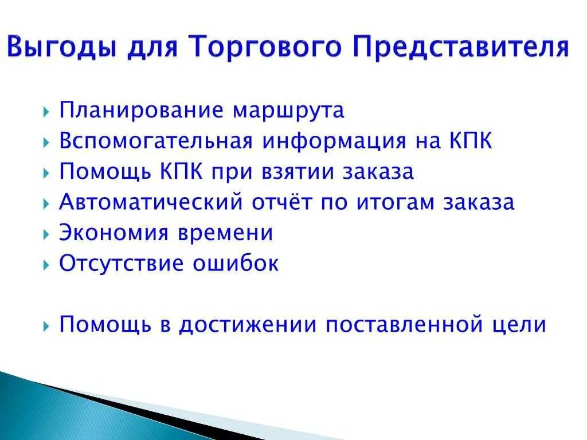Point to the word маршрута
coord(288,111)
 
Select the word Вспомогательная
coord(156,142)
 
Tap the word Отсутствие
coord(122,264)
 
